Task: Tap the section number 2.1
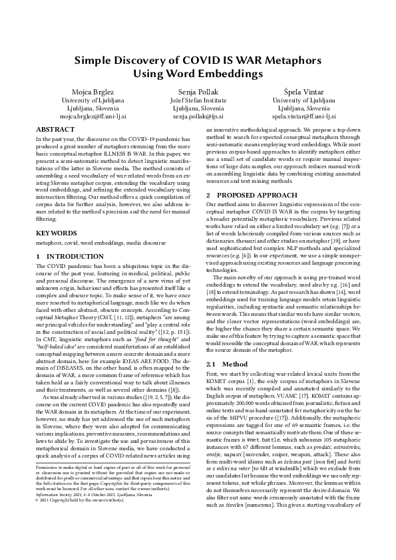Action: click(x=212, y=365)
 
